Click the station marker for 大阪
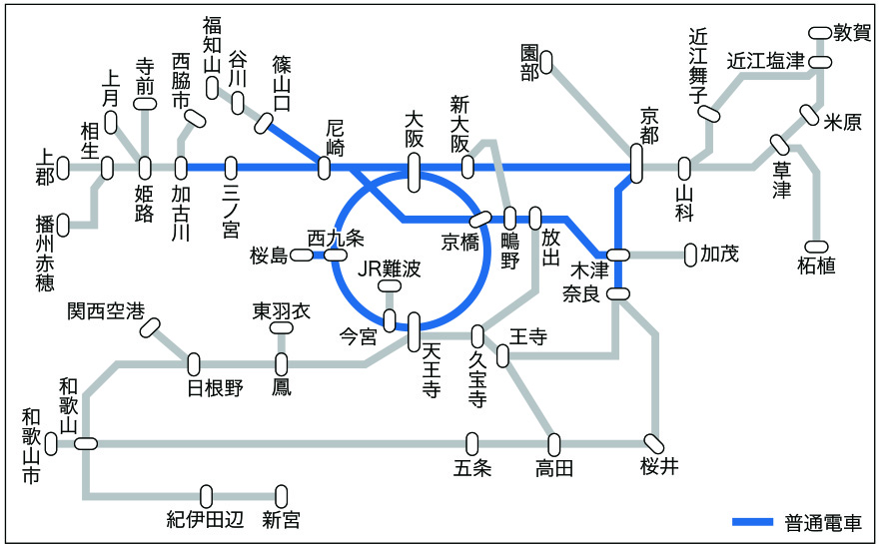click(x=414, y=173)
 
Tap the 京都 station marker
click(x=636, y=164)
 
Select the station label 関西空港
click(x=106, y=310)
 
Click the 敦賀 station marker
click(x=820, y=33)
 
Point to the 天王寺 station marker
click(x=414, y=332)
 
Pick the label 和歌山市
click(x=31, y=446)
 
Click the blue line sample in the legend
click(x=752, y=521)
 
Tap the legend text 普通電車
click(x=823, y=523)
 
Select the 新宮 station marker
click(x=281, y=497)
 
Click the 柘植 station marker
click(x=816, y=247)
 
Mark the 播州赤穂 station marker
click(x=63, y=226)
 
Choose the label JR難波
click(x=390, y=269)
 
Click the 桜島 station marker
click(x=301, y=256)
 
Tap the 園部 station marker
click(x=545, y=63)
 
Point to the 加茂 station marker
click(x=690, y=256)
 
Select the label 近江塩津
click(x=765, y=60)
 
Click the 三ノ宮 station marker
click(x=231, y=168)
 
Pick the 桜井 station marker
click(x=654, y=444)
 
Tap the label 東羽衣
click(x=282, y=310)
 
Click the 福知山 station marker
click(x=212, y=87)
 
